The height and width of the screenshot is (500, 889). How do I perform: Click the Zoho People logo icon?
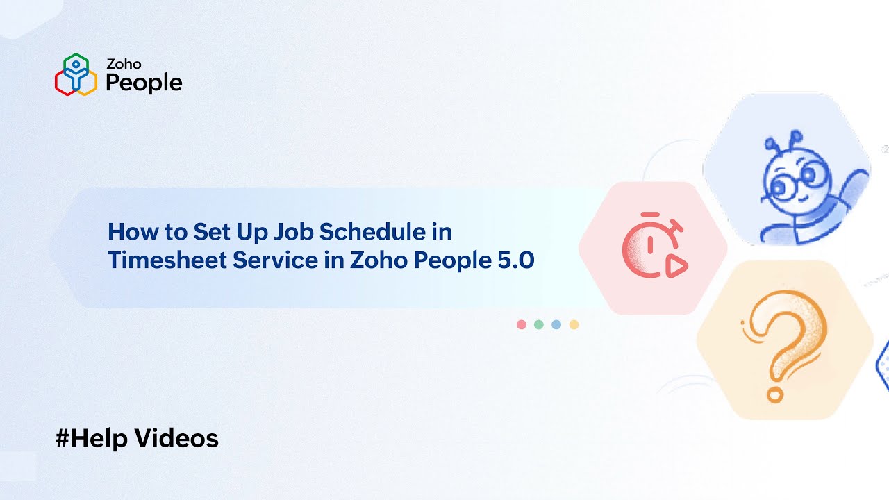click(x=75, y=74)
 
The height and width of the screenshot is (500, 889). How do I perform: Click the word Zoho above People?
click(x=124, y=64)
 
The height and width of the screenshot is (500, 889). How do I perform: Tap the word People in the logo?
click(x=144, y=83)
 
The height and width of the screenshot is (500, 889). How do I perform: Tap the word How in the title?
click(x=128, y=231)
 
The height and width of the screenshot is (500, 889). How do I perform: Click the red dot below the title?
click(x=522, y=324)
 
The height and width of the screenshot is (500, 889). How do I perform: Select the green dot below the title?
click(x=539, y=324)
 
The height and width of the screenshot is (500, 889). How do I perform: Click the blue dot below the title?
click(x=556, y=324)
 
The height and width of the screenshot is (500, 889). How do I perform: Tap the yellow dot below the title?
click(x=574, y=324)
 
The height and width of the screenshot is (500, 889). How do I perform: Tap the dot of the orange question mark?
click(x=774, y=395)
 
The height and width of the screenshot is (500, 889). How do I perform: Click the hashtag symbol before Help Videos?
click(x=63, y=439)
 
